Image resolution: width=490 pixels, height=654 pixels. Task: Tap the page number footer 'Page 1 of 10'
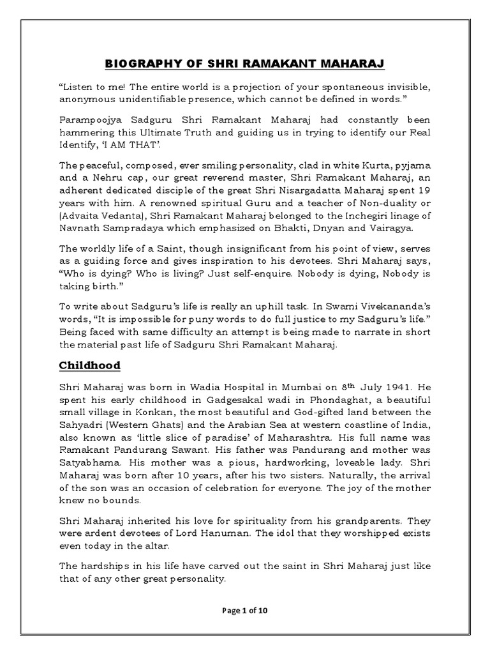click(245, 611)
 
